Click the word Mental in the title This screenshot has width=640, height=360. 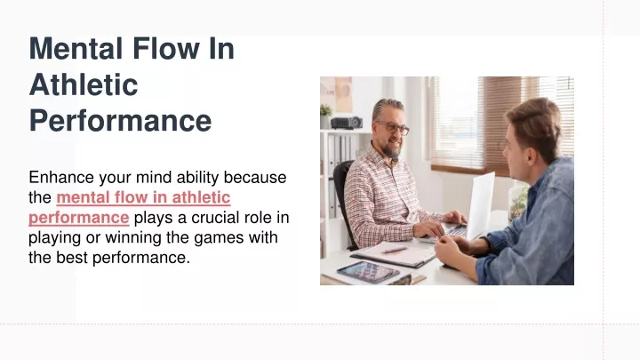tap(76, 49)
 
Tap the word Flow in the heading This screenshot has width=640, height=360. tap(166, 49)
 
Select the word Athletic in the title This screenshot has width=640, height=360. tap(84, 84)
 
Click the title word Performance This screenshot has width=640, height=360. tap(120, 121)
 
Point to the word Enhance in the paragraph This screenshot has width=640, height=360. tap(61, 178)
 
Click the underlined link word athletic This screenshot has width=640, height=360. tap(201, 197)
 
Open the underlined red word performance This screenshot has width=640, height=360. tap(79, 218)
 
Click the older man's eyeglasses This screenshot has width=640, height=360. tap(393, 127)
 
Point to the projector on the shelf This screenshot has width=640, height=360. tap(347, 123)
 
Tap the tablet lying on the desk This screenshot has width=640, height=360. tap(368, 272)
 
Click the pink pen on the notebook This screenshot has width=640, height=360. tap(394, 250)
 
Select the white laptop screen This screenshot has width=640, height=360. tap(481, 205)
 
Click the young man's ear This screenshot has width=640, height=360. tap(532, 155)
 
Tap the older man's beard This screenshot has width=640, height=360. tap(391, 150)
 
